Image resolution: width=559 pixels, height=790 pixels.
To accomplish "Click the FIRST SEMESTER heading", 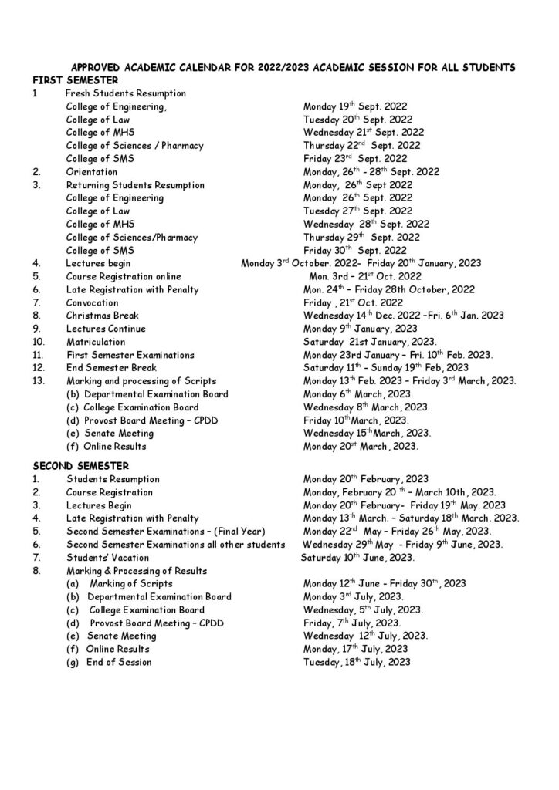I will click(76, 79).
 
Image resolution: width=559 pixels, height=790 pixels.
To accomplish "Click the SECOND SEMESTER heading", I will click(81, 466).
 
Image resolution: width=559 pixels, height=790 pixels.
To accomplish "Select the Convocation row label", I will click(92, 302).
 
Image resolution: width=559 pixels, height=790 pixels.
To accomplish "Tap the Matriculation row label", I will click(96, 341).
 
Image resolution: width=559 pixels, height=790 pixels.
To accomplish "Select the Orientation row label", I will click(92, 172).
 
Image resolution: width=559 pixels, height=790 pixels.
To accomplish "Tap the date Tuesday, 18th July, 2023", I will click(357, 662).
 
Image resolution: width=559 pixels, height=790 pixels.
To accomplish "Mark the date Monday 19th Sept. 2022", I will click(355, 106).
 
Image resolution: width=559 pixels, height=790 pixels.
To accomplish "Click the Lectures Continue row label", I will click(106, 329).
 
